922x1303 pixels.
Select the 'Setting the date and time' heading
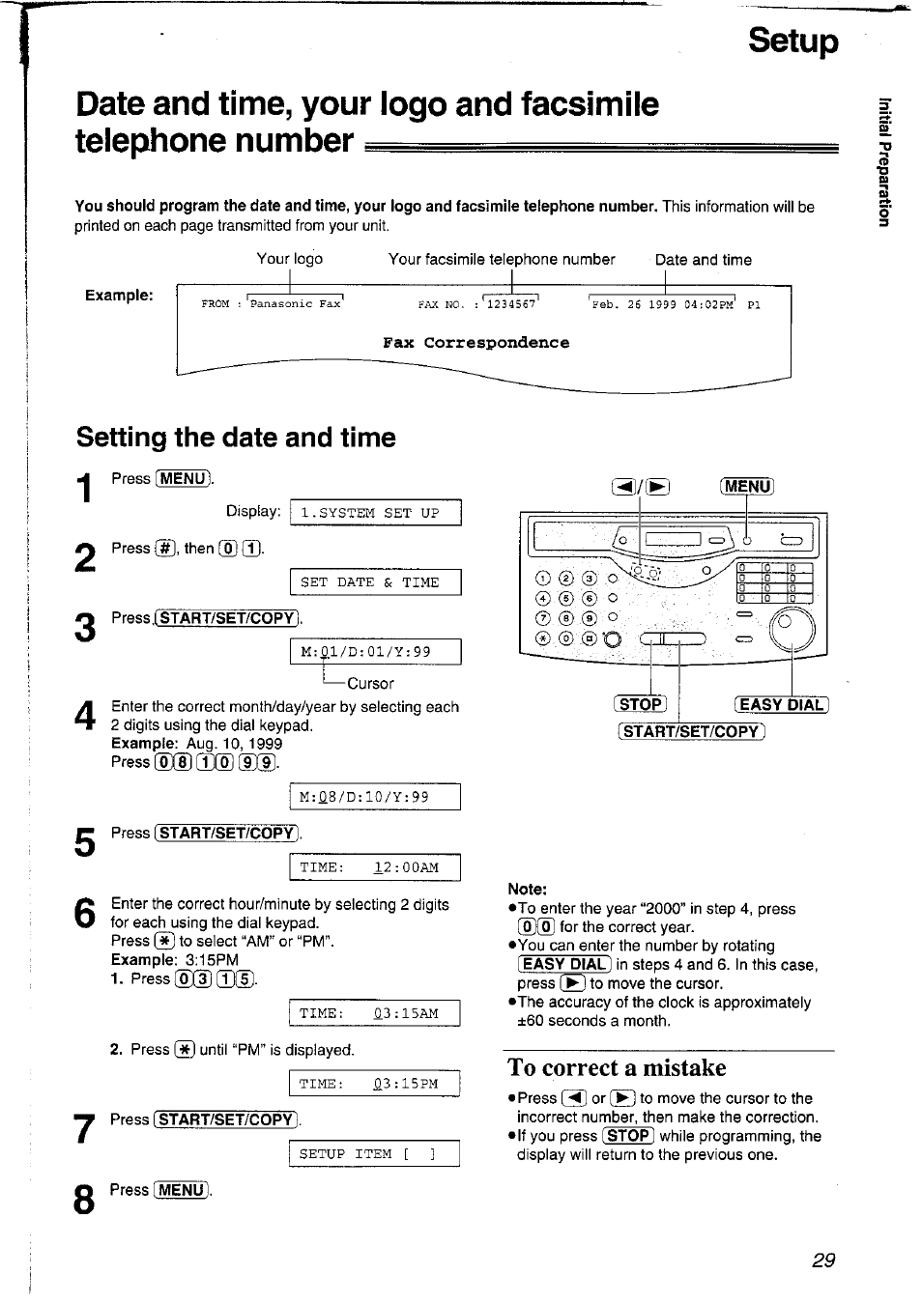click(236, 438)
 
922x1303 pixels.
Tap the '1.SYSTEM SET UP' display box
click(376, 513)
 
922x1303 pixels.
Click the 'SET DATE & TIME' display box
click(376, 582)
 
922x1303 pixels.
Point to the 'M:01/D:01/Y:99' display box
click(376, 652)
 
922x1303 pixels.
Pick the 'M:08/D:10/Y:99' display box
click(376, 797)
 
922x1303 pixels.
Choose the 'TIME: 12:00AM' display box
click(376, 867)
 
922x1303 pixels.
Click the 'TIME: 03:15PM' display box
click(376, 1084)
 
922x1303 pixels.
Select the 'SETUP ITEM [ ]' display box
click(376, 1154)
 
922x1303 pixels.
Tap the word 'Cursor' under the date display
click(370, 683)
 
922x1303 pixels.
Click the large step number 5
click(85, 842)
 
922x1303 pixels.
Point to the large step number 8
click(85, 1200)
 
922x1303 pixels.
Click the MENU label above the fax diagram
click(747, 486)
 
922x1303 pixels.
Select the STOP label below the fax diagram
click(641, 704)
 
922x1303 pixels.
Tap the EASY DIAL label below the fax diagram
click(782, 704)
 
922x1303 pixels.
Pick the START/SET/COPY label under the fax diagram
click(691, 731)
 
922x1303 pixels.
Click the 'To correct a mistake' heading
click(617, 1067)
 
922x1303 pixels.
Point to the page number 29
click(823, 1260)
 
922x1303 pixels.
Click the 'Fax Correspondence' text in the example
click(475, 343)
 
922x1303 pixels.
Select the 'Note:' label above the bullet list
click(527, 889)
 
